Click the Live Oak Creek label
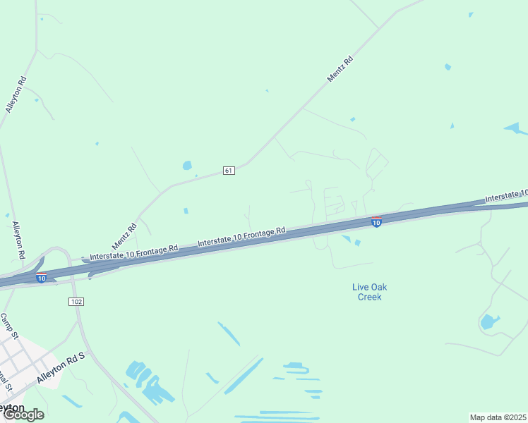(x=368, y=292)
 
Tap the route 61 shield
(x=228, y=171)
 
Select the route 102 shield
(x=76, y=301)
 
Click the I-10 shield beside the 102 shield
(x=42, y=278)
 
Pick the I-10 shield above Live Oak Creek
(x=376, y=222)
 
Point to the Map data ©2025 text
(x=498, y=417)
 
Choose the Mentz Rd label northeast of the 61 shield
(x=340, y=70)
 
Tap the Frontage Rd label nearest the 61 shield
(x=241, y=236)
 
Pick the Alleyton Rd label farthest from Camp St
(x=16, y=94)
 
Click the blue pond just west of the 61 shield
(x=187, y=166)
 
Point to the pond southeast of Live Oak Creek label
(x=488, y=322)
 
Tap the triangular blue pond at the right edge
(x=516, y=128)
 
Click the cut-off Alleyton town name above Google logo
(x=12, y=407)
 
